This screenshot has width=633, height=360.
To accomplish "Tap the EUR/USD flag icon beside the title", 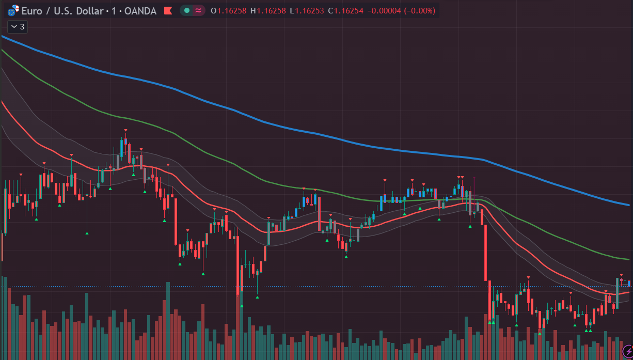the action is [x=13, y=10].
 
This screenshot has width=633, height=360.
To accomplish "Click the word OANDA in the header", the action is [x=140, y=11].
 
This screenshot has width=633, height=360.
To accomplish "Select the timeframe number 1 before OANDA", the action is [x=114, y=11].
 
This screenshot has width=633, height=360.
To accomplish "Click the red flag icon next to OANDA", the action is [x=168, y=11].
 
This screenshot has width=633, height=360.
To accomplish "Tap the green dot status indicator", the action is [x=186, y=11].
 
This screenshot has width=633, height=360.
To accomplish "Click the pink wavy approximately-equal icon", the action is [x=198, y=11].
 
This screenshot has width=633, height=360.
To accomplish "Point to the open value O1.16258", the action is [x=229, y=11].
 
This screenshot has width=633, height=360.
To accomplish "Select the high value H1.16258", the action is [x=268, y=11].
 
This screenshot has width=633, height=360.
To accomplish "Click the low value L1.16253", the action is [x=307, y=11].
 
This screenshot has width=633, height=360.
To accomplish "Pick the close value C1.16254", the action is [x=345, y=11].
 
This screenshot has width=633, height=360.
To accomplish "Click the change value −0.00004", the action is [x=384, y=11].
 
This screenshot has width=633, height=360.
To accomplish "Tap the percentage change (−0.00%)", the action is [x=420, y=11].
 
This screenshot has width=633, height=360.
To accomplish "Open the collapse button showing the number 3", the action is [x=18, y=27].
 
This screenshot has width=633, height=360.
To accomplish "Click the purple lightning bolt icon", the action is [x=628, y=352].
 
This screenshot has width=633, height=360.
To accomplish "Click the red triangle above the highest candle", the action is [x=126, y=130].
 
